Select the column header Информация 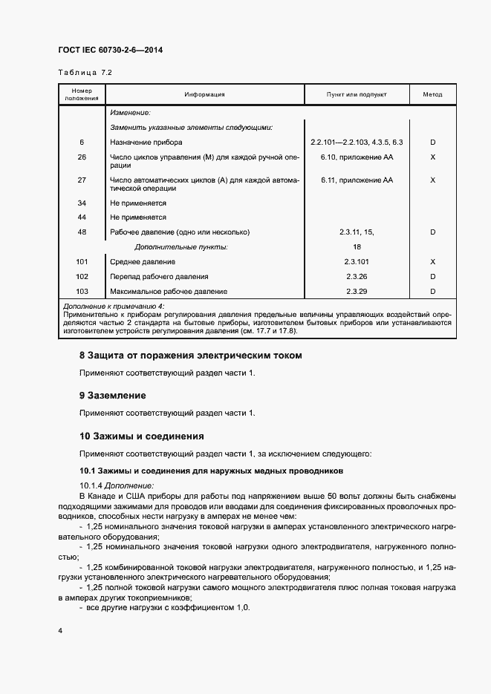(204, 95)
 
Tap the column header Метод (432, 95)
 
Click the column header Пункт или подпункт (357, 95)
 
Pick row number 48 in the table (82, 232)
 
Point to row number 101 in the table (82, 262)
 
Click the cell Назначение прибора (146, 142)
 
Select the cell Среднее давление (143, 262)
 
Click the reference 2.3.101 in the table (357, 262)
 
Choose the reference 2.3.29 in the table (357, 292)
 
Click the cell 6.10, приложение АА (357, 157)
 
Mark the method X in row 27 (432, 180)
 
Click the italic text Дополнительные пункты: (181, 246)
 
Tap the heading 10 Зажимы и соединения (142, 436)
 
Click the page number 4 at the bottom (59, 630)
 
